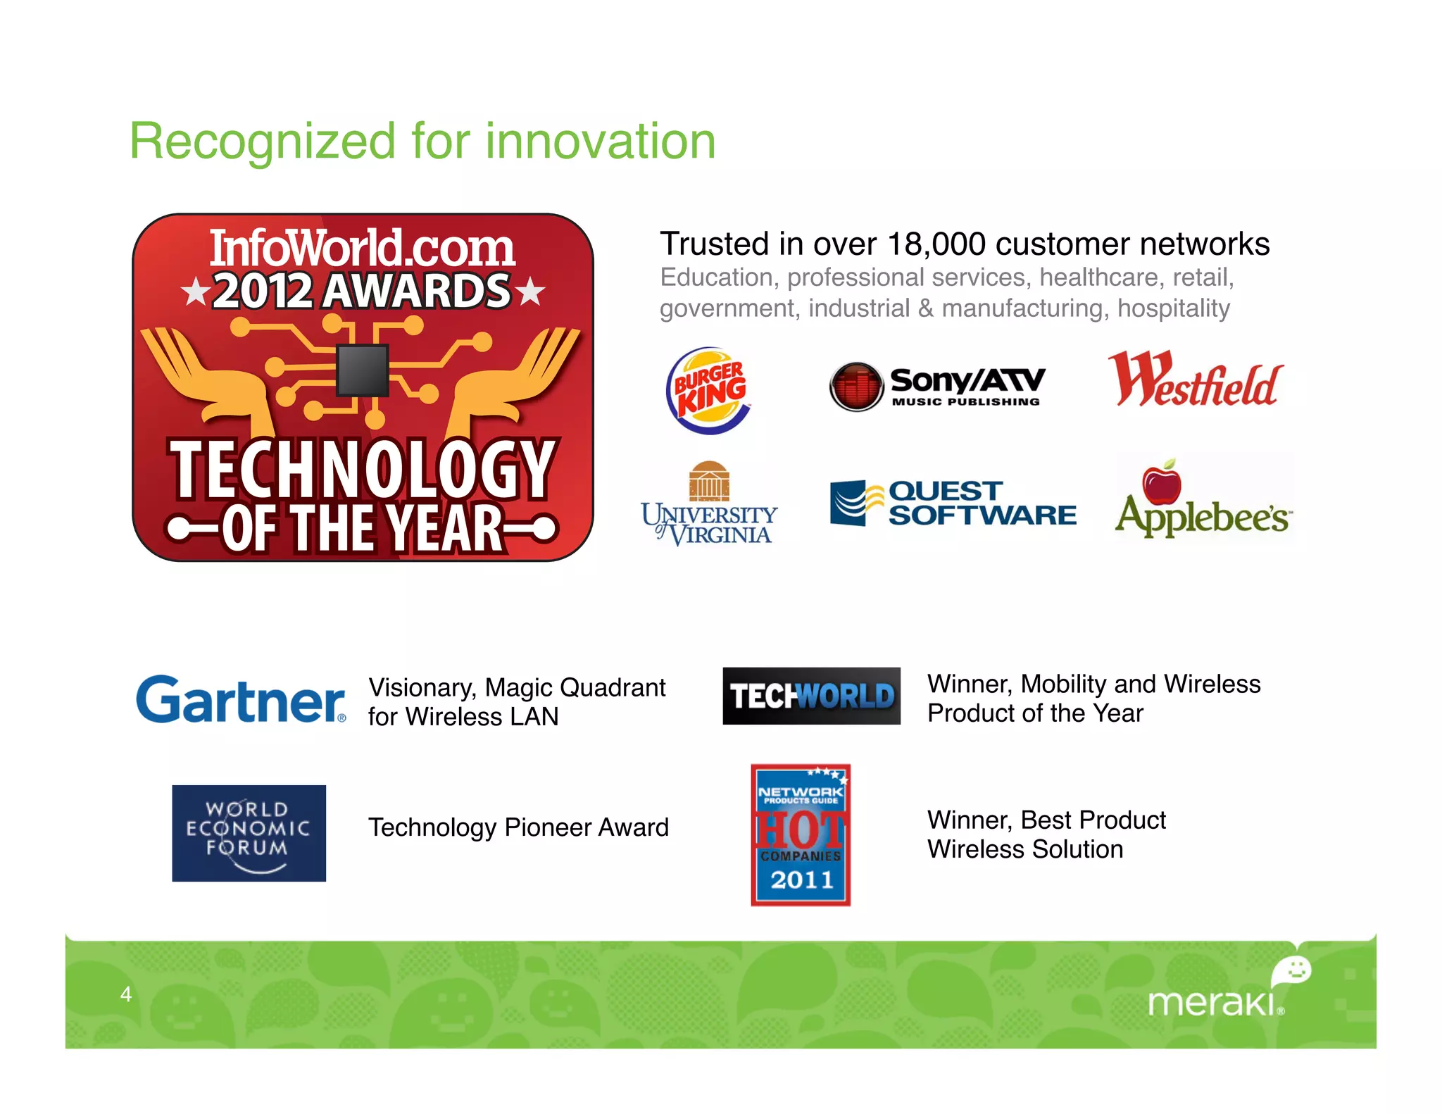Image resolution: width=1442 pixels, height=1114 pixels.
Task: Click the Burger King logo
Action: pyautogui.click(x=709, y=390)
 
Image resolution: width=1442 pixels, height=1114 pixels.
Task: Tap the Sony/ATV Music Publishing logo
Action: pyautogui.click(x=936, y=387)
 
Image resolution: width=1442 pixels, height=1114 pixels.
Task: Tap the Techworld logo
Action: pyautogui.click(x=811, y=696)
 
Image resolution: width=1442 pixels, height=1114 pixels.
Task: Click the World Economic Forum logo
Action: pyautogui.click(x=249, y=833)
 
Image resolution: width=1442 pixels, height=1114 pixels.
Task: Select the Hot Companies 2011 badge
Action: pyautogui.click(x=801, y=835)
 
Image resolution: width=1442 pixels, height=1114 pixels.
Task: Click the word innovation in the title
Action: pyautogui.click(x=601, y=142)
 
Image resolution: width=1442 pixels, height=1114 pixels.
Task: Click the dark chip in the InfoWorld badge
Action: pyautogui.click(x=363, y=370)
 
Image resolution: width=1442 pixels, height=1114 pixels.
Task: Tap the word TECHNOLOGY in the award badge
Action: pyautogui.click(x=363, y=468)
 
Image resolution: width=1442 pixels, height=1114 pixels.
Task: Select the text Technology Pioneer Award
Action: pyautogui.click(x=518, y=827)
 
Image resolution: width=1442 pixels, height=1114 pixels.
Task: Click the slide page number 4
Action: pyautogui.click(x=126, y=994)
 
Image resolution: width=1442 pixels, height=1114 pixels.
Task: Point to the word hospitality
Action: pyautogui.click(x=1174, y=308)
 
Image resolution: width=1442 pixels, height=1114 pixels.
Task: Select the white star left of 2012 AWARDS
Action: pyautogui.click(x=195, y=292)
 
